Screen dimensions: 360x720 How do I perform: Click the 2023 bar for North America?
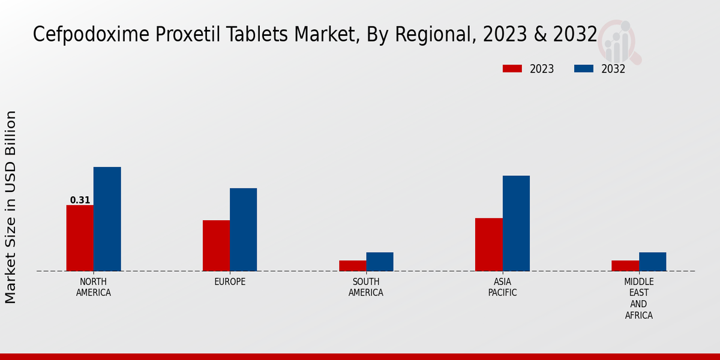80,238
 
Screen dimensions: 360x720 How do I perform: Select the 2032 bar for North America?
107,218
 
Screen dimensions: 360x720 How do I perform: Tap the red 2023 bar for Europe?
216,245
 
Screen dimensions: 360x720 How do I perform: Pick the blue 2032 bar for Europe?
243,229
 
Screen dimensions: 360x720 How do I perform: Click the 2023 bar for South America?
352,265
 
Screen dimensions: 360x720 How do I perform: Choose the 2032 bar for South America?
380,261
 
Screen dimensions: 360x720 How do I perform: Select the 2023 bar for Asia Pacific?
488,244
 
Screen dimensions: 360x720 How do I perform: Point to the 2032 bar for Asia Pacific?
516,223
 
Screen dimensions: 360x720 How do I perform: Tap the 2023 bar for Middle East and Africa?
625,265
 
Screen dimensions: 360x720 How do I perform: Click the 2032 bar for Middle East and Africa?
652,261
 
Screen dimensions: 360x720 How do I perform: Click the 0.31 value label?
80,200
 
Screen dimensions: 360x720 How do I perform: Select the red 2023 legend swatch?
512,68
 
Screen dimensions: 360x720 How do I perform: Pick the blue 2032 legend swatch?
584,68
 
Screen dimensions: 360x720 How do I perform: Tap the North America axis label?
94,287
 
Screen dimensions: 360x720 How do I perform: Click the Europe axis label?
230,281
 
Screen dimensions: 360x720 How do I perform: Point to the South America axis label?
366,287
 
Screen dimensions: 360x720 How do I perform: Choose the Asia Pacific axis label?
502,287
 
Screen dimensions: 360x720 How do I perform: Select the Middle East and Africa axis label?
639,298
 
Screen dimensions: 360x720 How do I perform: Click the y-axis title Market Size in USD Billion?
11,207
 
